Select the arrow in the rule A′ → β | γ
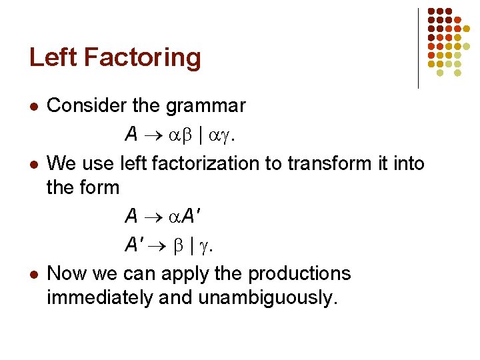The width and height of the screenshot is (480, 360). pyautogui.click(x=162, y=245)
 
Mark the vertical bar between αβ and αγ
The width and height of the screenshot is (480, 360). pyautogui.click(x=202, y=135)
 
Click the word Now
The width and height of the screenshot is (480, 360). pyautogui.click(x=65, y=273)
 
